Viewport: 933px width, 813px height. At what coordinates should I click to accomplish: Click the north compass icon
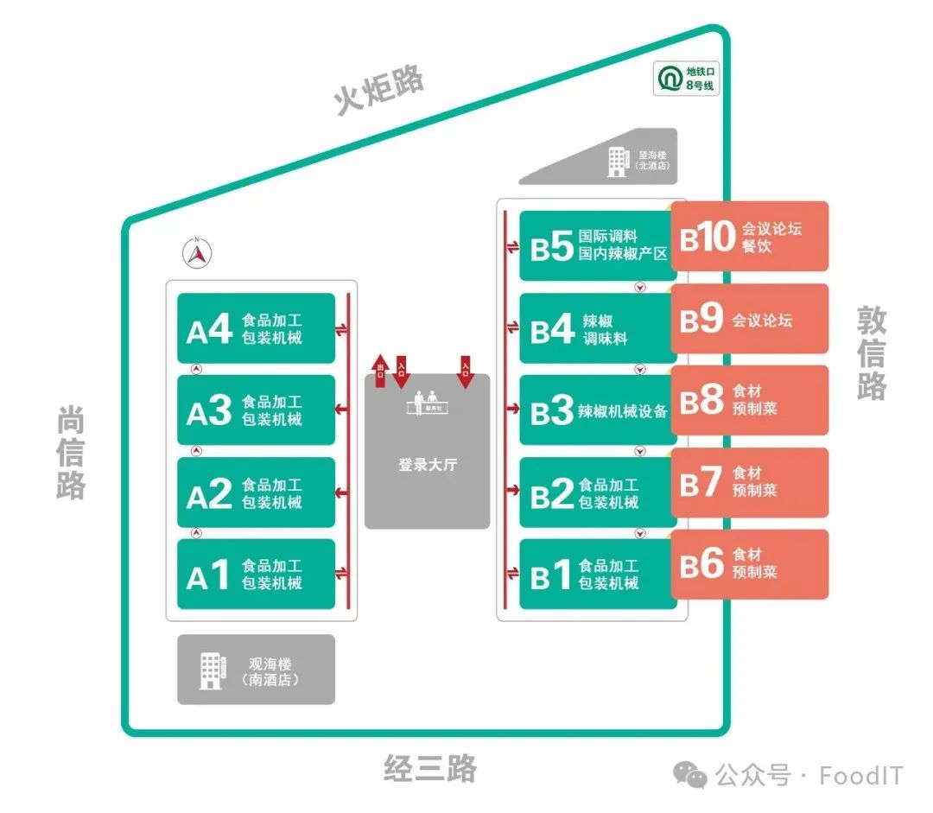pyautogui.click(x=198, y=252)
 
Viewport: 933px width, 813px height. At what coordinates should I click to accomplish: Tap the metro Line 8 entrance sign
pyautogui.click(x=687, y=78)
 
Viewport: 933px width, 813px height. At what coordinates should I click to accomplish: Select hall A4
pyautogui.click(x=256, y=328)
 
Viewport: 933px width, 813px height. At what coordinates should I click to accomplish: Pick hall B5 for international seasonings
pyautogui.click(x=597, y=245)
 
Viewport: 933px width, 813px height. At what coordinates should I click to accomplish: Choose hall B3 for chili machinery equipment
pyautogui.click(x=597, y=410)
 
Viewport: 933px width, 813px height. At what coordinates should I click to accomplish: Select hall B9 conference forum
pyautogui.click(x=750, y=319)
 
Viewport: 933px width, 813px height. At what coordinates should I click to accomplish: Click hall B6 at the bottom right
pyautogui.click(x=750, y=564)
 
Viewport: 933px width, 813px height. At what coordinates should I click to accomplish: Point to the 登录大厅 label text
pyautogui.click(x=427, y=465)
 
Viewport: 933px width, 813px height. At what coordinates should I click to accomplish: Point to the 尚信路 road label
pyautogui.click(x=71, y=452)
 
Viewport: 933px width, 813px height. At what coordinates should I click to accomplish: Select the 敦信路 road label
pyautogui.click(x=872, y=353)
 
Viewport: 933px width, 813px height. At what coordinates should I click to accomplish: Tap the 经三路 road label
pyautogui.click(x=429, y=768)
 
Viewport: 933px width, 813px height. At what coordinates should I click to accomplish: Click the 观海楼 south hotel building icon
pyautogui.click(x=212, y=670)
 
